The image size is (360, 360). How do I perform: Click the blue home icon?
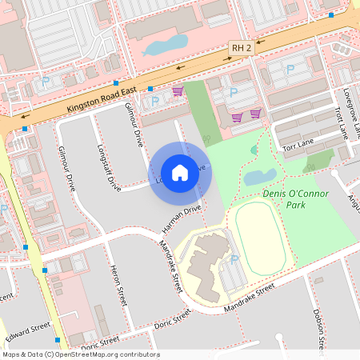(180, 172)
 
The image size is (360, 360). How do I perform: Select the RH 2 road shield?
(241, 48)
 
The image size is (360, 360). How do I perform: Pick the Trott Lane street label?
(342, 120)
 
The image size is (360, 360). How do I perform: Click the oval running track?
(259, 239)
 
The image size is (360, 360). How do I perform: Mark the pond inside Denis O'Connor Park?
(259, 177)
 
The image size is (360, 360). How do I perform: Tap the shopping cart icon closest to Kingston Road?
(178, 91)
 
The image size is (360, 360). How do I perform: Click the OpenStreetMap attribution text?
(80, 354)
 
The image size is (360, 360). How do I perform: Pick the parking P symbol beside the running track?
(234, 260)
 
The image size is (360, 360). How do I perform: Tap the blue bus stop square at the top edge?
(330, 14)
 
